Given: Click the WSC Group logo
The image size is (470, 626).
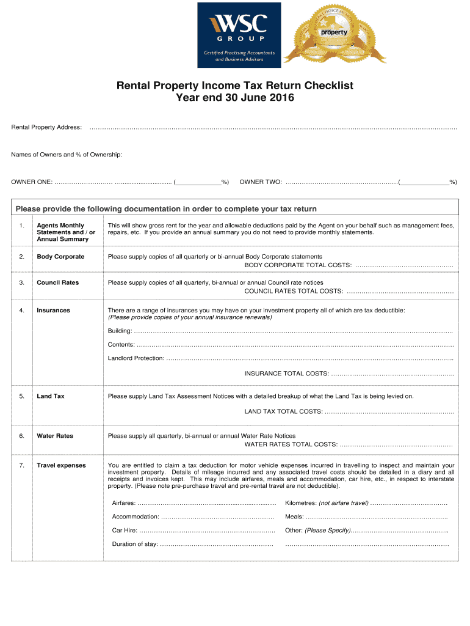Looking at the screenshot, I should click(x=238, y=34).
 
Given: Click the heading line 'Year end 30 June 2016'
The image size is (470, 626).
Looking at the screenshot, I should click(x=235, y=98).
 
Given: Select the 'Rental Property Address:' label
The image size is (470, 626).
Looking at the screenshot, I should click(x=46, y=127).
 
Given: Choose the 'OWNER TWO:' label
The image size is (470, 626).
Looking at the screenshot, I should click(x=261, y=182).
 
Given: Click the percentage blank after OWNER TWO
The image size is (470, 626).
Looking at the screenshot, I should click(x=425, y=182).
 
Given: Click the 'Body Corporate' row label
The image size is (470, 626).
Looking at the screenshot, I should click(x=60, y=257).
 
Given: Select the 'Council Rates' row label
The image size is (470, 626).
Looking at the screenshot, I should click(x=57, y=283).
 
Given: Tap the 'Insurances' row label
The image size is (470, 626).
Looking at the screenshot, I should click(x=53, y=311).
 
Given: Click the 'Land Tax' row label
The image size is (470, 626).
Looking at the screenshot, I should click(x=50, y=397).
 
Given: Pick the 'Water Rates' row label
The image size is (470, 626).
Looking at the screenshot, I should click(x=55, y=436).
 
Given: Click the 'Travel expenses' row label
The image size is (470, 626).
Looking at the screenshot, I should click(x=61, y=466).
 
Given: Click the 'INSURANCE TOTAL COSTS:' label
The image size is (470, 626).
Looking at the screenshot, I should click(x=286, y=374).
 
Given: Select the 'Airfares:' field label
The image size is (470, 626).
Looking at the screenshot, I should click(x=125, y=503).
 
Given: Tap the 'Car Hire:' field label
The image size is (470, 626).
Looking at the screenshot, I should click(x=125, y=531).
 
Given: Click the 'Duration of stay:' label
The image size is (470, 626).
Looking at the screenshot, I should click(x=135, y=544).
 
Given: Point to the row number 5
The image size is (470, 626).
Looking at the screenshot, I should click(x=21, y=397).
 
